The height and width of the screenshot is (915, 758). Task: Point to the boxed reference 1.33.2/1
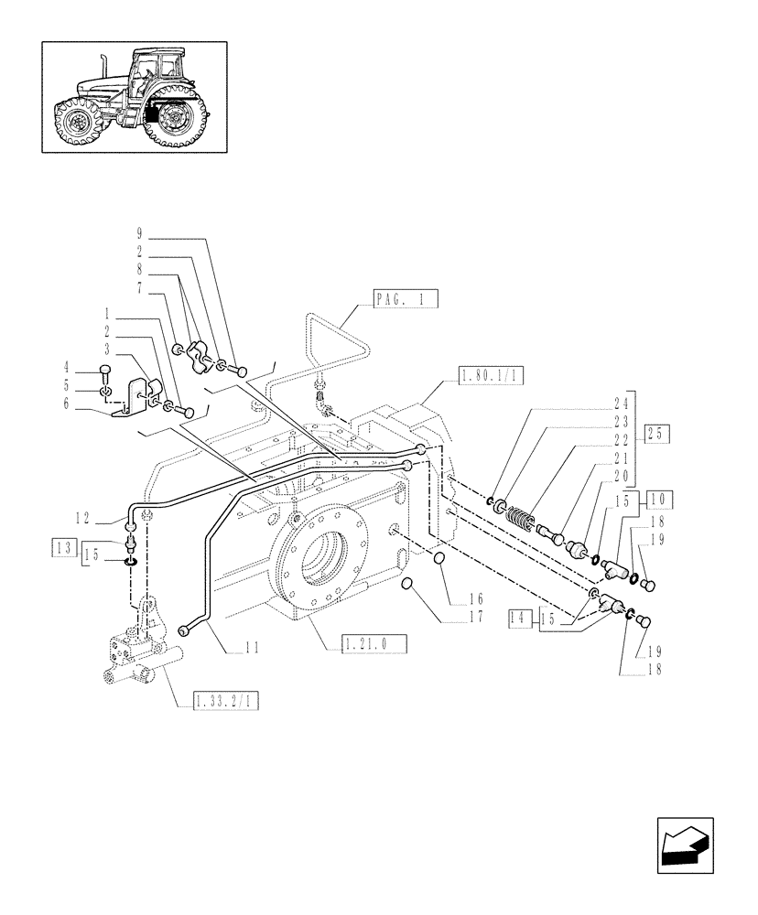coord(227,702)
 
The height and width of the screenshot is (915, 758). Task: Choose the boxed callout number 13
coord(61,548)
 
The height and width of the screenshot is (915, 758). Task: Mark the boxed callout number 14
coord(520,619)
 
